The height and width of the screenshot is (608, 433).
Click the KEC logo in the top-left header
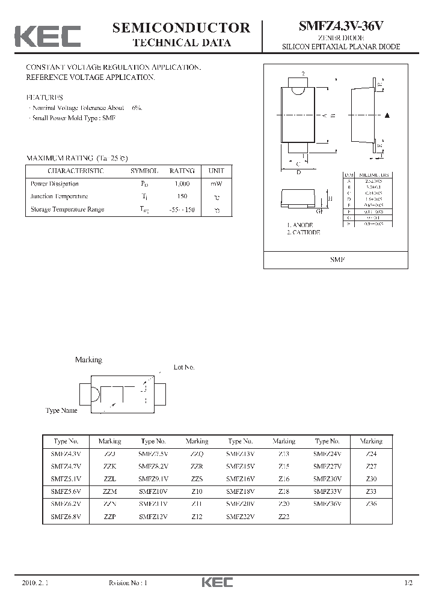48,37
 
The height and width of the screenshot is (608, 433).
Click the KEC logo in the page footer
216,583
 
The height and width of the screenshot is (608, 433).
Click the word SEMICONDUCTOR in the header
182,28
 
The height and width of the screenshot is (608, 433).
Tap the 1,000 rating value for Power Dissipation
182,184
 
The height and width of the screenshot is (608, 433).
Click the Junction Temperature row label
59,196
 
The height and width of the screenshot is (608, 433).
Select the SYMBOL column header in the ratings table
144,171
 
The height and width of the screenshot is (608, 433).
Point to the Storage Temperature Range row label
67,210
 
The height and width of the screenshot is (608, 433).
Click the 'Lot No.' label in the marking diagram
184,367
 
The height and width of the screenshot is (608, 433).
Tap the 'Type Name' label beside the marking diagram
61,410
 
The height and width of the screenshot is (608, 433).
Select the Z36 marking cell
371,504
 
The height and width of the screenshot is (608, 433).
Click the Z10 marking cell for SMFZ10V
197,491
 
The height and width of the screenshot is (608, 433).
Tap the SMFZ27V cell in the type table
327,466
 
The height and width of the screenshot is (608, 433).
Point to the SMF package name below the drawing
336,260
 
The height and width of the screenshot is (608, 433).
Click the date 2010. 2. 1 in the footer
33,583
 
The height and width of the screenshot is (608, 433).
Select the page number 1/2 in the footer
409,583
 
